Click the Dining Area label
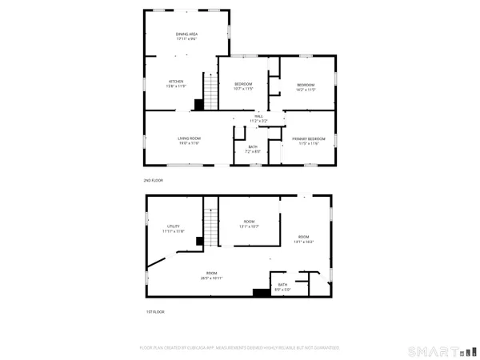click(187, 36)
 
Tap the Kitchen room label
click(176, 82)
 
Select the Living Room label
click(189, 141)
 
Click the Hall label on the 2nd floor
click(258, 118)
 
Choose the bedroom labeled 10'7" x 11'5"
click(243, 86)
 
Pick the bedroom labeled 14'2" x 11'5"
click(306, 86)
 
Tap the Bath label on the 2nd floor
click(253, 149)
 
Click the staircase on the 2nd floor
click(210, 92)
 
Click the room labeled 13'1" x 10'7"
click(249, 224)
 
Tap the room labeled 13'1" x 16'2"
click(304, 239)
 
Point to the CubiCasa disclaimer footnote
click(240, 348)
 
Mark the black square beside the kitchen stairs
click(199, 104)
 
